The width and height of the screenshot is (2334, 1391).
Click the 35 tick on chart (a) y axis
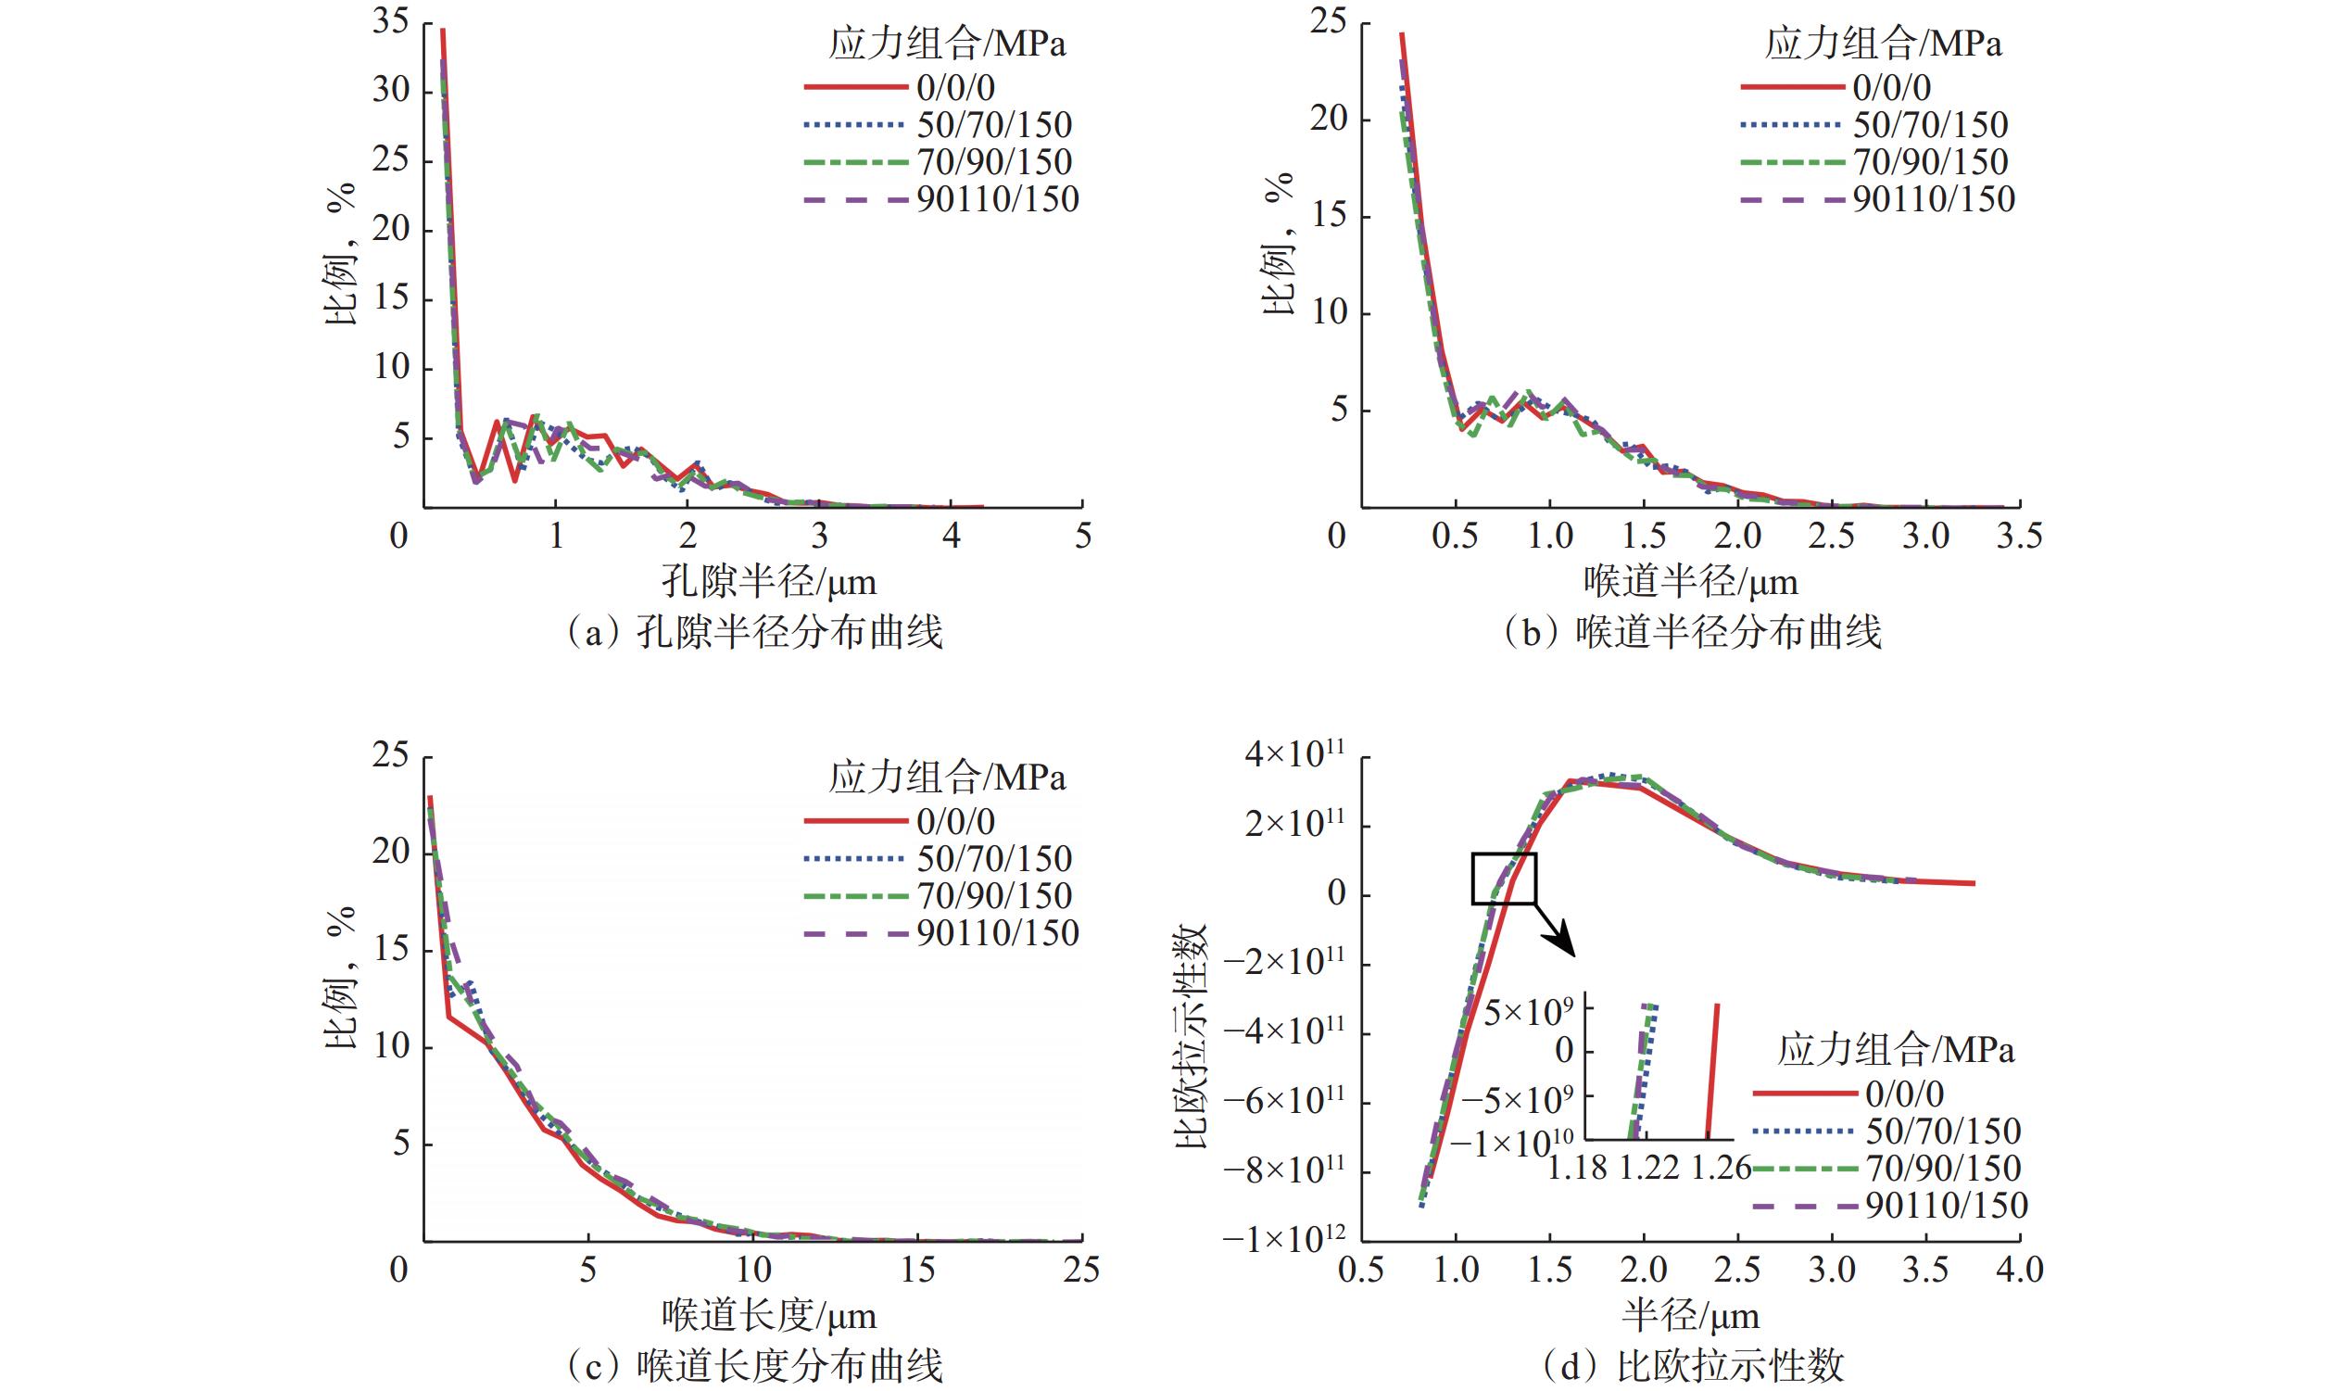click(x=391, y=21)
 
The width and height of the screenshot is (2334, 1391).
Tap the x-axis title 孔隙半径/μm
click(x=768, y=582)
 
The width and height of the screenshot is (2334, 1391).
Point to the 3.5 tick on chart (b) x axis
click(x=2018, y=537)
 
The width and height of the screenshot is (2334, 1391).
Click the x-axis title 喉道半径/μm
click(x=1690, y=582)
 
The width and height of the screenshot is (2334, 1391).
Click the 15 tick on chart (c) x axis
click(x=917, y=1271)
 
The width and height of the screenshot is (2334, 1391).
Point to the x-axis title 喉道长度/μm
click(x=768, y=1316)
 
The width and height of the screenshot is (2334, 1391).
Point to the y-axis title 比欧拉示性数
click(x=1191, y=1037)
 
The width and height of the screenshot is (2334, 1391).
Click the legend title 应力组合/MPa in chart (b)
click(x=1884, y=45)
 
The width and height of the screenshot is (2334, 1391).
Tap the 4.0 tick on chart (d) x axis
click(x=2018, y=1271)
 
